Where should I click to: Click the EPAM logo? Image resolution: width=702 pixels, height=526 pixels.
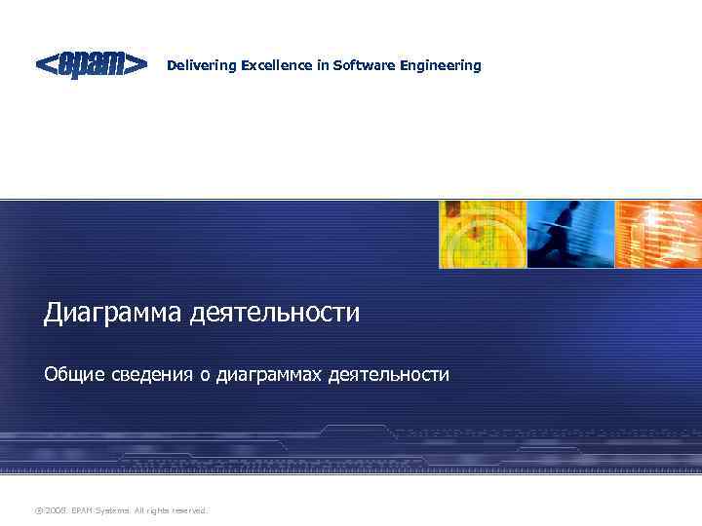coord(92,65)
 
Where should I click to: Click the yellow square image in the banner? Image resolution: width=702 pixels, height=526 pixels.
coord(482,234)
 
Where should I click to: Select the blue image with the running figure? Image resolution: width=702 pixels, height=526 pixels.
coord(570,234)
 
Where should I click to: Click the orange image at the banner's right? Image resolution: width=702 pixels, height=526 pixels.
coord(658,234)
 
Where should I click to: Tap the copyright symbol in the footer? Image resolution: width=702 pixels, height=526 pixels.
coord(39,509)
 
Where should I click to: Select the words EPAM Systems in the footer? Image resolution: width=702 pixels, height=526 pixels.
coord(97,509)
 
